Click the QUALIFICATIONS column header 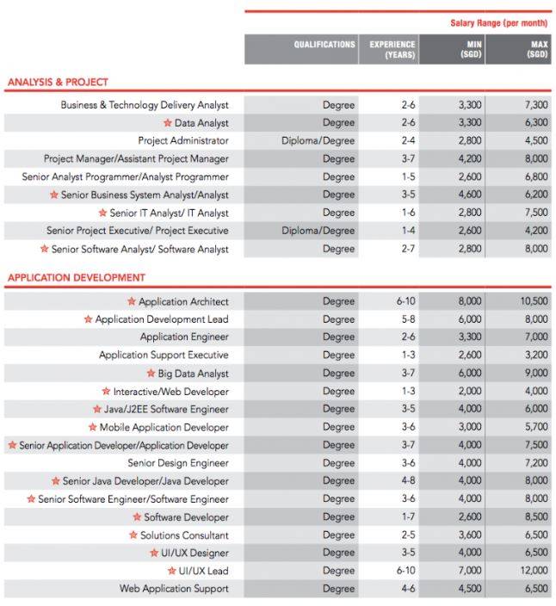tap(324, 44)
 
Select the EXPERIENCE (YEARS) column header tap(392, 49)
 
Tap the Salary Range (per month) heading tap(498, 22)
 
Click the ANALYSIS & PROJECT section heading tap(58, 83)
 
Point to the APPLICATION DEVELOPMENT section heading tap(77, 278)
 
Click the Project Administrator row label tap(183, 141)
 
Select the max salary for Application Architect tap(534, 302)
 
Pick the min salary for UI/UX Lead tap(470, 571)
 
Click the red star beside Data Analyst tap(168, 123)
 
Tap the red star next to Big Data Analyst tap(151, 374)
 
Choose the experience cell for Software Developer tap(408, 517)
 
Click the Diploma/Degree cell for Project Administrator tap(318, 141)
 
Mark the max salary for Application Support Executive tap(535, 356)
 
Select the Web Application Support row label tap(174, 589)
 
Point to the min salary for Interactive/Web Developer tap(470, 392)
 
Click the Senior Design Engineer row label tap(178, 463)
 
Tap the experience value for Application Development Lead tap(408, 319)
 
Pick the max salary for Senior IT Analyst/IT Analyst tap(535, 213)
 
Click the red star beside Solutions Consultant tap(133, 535)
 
